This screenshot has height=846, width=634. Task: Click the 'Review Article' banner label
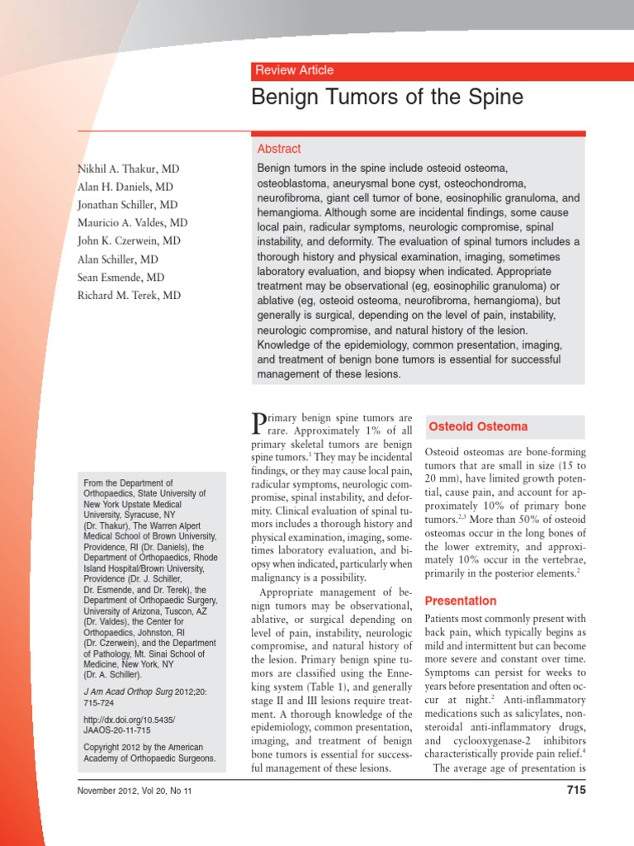click(295, 70)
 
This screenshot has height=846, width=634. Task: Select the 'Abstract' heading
click(279, 149)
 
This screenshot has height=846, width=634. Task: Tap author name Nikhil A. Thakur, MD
click(129, 169)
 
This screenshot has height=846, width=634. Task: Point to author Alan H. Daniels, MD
click(125, 187)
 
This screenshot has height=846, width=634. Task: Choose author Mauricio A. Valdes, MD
click(132, 223)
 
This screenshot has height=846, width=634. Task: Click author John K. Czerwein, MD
click(130, 241)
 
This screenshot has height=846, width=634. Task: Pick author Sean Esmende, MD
click(121, 278)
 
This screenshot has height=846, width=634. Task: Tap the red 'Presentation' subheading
click(461, 601)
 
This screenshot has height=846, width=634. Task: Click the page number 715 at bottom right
click(575, 790)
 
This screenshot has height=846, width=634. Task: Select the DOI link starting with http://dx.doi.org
click(129, 720)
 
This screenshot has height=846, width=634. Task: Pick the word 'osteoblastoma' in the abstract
click(296, 183)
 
